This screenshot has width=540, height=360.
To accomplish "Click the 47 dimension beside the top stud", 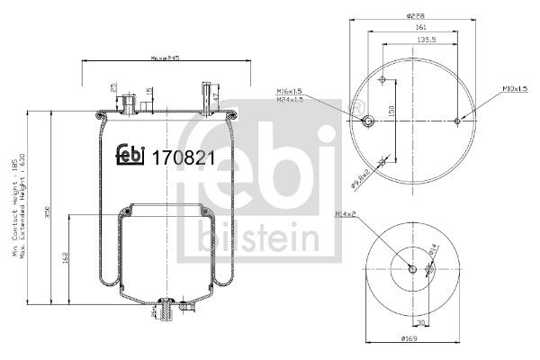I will point(216,93).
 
